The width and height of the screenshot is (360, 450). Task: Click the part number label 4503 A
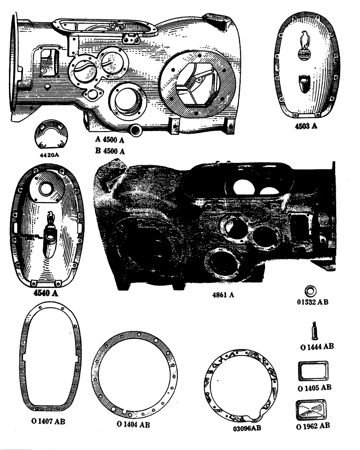click(306, 127)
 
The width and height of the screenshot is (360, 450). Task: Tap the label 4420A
click(50, 155)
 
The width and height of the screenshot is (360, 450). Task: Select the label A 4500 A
click(110, 141)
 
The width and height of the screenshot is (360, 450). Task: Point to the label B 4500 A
click(110, 151)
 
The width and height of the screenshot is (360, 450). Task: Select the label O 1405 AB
click(315, 387)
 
